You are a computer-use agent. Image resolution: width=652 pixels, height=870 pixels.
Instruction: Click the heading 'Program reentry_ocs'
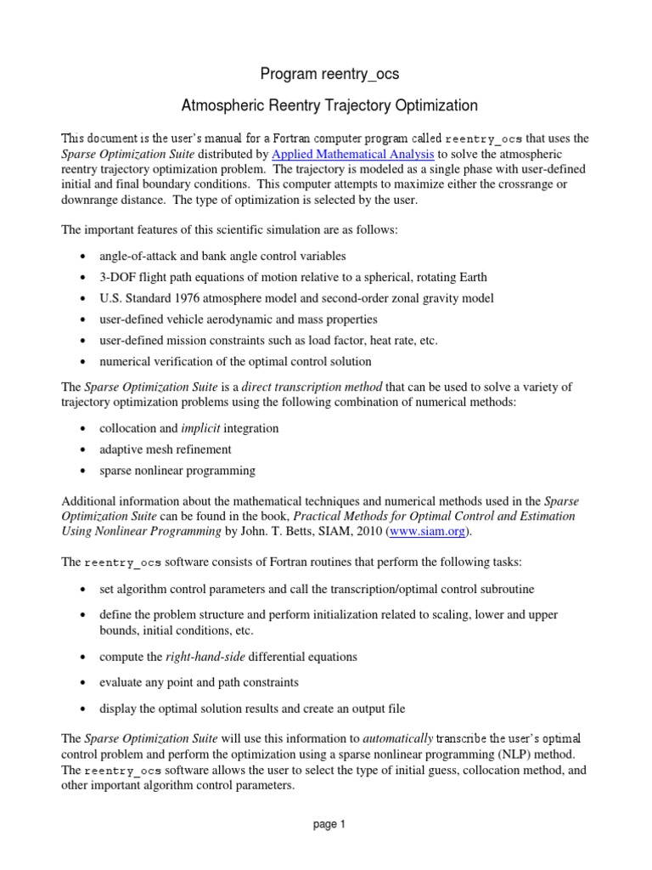pos(330,75)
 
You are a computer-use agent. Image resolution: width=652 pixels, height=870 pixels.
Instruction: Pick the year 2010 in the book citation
pos(368,532)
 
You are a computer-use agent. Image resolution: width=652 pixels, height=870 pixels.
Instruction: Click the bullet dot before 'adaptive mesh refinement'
pos(81,449)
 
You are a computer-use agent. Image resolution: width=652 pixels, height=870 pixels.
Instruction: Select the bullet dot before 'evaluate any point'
pos(81,683)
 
